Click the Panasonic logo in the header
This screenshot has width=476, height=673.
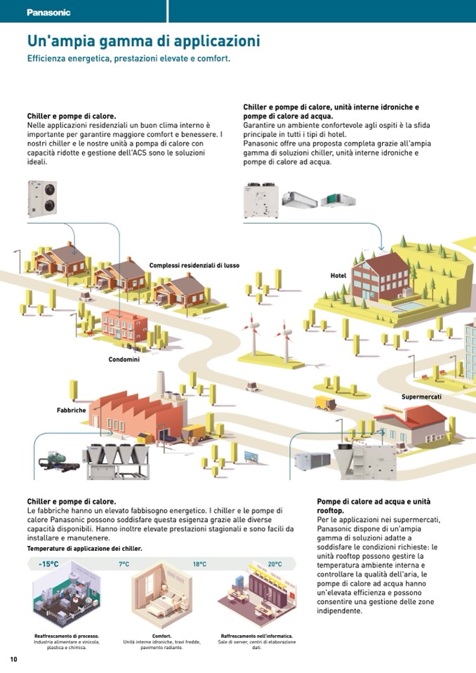click(x=48, y=12)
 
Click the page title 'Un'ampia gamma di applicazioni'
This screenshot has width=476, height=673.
click(x=143, y=41)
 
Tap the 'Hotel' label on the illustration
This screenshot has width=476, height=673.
click(x=338, y=276)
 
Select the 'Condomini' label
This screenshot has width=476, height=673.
click(x=124, y=359)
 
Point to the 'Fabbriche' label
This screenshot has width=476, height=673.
click(x=72, y=410)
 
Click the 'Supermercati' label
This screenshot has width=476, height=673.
click(x=421, y=397)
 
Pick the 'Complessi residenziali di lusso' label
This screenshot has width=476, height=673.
click(x=194, y=265)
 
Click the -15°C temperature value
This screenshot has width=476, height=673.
click(x=48, y=564)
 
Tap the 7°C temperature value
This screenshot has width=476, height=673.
click(x=124, y=564)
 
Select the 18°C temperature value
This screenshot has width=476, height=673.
click(x=199, y=564)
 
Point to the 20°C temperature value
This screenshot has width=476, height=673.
click(x=275, y=564)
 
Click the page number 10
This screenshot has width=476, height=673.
click(x=13, y=659)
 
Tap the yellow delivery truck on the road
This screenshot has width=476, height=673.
click(x=324, y=403)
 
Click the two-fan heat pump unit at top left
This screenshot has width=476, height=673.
click(x=42, y=199)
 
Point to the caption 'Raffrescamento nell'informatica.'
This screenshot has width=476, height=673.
click(x=256, y=636)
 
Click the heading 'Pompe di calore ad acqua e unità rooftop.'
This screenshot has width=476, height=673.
click(x=373, y=507)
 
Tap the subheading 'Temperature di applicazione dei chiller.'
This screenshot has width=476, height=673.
click(x=84, y=548)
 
